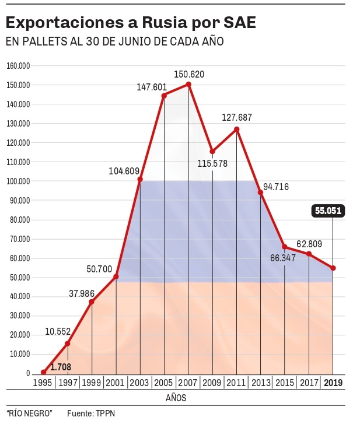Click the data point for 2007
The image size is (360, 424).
[x=188, y=85]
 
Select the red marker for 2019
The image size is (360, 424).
[x=333, y=268]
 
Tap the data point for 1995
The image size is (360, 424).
[x=43, y=372]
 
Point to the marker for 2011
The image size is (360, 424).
[x=237, y=129]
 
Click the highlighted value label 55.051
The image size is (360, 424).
[x=328, y=211]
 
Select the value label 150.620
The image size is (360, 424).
[x=189, y=74]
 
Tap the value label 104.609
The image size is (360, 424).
[x=124, y=171]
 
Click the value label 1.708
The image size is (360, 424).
[x=61, y=367]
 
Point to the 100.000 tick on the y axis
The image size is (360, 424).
[x=18, y=181]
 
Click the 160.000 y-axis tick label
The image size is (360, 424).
[x=18, y=65]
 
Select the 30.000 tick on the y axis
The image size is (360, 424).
[x=20, y=316]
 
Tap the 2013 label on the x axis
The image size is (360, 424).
[x=261, y=383]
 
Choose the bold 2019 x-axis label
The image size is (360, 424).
[x=333, y=383]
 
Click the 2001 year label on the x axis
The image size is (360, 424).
[x=116, y=383]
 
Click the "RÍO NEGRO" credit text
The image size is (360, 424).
[x=30, y=413]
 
